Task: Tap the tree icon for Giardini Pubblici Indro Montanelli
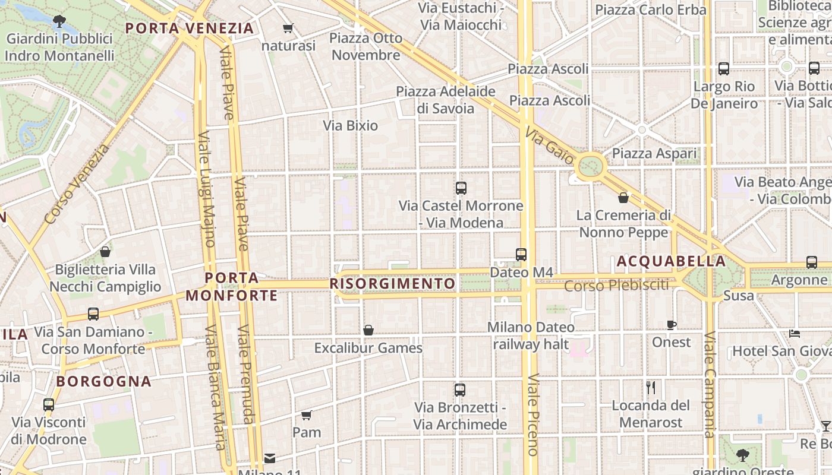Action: (59, 22)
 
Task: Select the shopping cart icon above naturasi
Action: (288, 28)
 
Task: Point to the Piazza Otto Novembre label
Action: (366, 46)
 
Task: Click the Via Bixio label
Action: (351, 125)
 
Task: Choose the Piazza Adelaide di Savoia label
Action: (446, 100)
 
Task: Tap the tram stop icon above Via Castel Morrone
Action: (461, 188)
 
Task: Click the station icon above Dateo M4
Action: (521, 255)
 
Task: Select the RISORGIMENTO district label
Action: (392, 284)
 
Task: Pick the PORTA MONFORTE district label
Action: (232, 286)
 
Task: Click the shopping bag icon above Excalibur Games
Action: (368, 330)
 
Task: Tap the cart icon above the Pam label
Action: (307, 415)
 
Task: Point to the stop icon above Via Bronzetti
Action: (460, 390)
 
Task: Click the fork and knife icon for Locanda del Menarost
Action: (651, 388)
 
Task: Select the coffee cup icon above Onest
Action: (672, 325)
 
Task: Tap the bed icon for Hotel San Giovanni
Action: (795, 333)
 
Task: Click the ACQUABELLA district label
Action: (671, 261)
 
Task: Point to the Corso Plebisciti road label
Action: (616, 286)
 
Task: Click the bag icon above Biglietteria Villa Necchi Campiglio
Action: (105, 252)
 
